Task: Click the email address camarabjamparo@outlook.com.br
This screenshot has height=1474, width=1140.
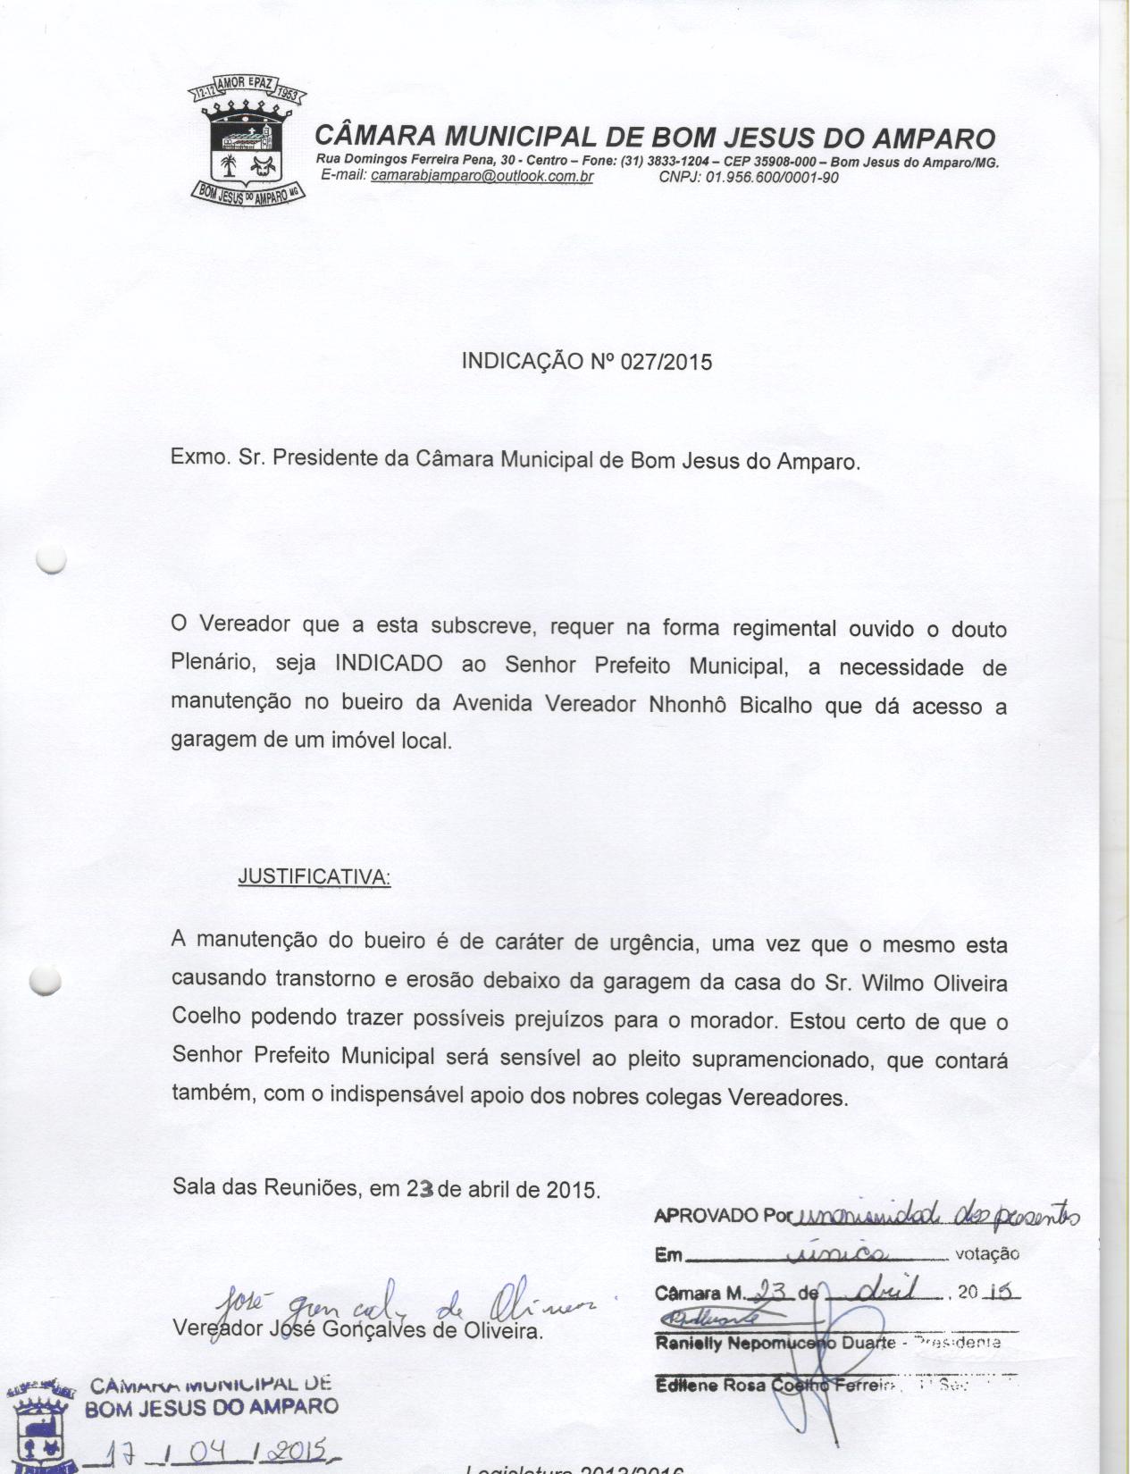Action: [482, 176]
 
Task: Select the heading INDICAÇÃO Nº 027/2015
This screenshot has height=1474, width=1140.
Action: [586, 362]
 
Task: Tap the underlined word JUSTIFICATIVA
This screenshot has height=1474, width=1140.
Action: [314, 876]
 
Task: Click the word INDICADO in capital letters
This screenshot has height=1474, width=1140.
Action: [389, 665]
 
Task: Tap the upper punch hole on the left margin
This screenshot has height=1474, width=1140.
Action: [50, 559]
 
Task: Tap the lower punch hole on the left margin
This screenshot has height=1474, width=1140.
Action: [45, 981]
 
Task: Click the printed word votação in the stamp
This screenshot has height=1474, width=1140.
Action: [987, 1253]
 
